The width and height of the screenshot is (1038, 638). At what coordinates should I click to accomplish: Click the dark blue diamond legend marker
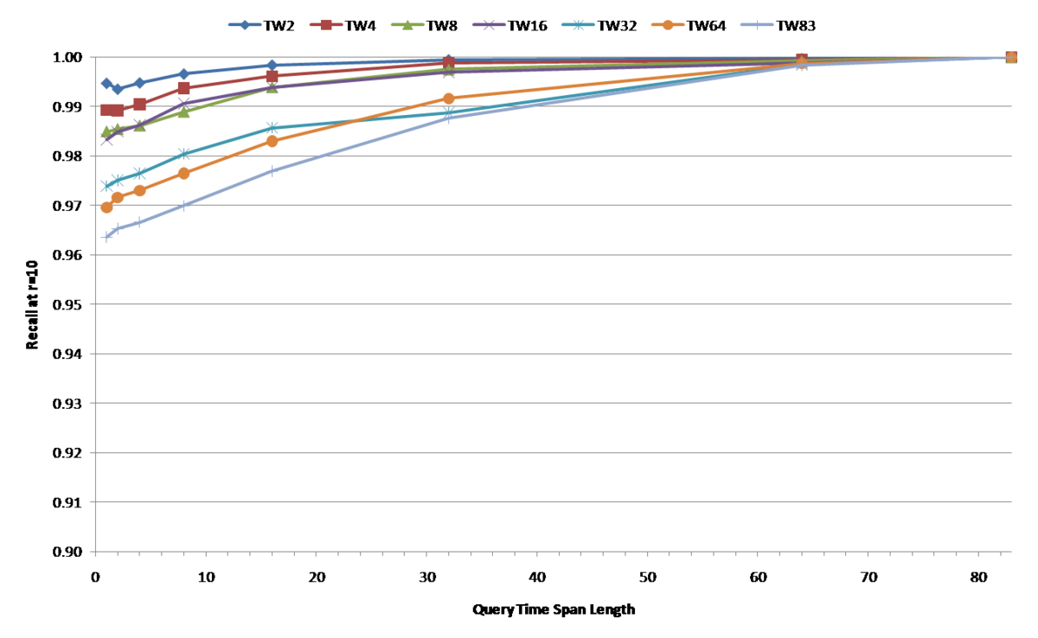point(245,25)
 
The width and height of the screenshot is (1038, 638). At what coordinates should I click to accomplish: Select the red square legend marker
point(326,25)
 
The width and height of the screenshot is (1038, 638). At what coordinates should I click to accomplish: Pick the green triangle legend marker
point(407,25)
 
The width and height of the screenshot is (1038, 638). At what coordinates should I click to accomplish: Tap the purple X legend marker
point(489,25)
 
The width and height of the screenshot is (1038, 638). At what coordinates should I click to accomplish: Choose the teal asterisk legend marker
point(578,25)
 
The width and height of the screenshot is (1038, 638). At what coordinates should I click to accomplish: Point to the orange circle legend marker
point(668,25)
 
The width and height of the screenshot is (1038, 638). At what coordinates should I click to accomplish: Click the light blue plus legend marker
point(757,25)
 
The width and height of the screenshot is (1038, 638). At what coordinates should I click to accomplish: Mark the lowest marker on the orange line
point(106,207)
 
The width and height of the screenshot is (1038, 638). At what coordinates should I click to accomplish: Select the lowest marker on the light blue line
point(106,236)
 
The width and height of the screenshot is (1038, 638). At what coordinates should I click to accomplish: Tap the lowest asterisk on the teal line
point(106,186)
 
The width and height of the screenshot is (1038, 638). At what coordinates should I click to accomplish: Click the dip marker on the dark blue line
point(118,89)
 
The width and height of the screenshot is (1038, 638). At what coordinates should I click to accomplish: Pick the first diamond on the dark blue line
point(106,83)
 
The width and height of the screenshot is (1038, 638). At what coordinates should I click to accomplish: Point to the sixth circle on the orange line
point(448,99)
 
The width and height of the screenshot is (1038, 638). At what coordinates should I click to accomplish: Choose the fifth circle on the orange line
point(272,142)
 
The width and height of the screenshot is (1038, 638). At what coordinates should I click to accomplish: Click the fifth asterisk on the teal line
point(272,128)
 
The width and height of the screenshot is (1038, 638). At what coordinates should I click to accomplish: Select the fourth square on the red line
point(183,87)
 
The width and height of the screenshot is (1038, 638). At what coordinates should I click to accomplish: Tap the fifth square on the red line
point(272,76)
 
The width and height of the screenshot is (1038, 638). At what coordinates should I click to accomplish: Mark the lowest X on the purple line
point(106,140)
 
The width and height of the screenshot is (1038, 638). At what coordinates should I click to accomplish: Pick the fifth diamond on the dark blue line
point(272,65)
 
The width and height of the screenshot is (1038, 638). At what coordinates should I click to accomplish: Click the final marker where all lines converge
point(1010,57)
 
